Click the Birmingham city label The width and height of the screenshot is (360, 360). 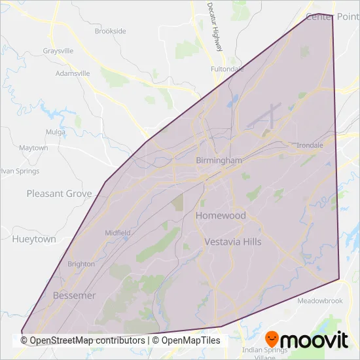[219, 160]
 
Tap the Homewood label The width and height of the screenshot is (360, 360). [221, 215]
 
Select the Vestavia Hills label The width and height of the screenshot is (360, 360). [232, 242]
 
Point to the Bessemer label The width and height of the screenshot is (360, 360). [74, 295]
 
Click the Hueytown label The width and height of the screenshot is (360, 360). [34, 240]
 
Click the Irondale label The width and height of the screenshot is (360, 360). [310, 145]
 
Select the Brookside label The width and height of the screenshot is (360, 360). [110, 31]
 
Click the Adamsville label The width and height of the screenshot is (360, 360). [73, 73]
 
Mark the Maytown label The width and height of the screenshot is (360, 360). [33, 148]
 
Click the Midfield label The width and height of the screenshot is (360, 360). [118, 232]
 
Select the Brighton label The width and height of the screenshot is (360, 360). [81, 264]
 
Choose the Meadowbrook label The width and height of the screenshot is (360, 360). [320, 301]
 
